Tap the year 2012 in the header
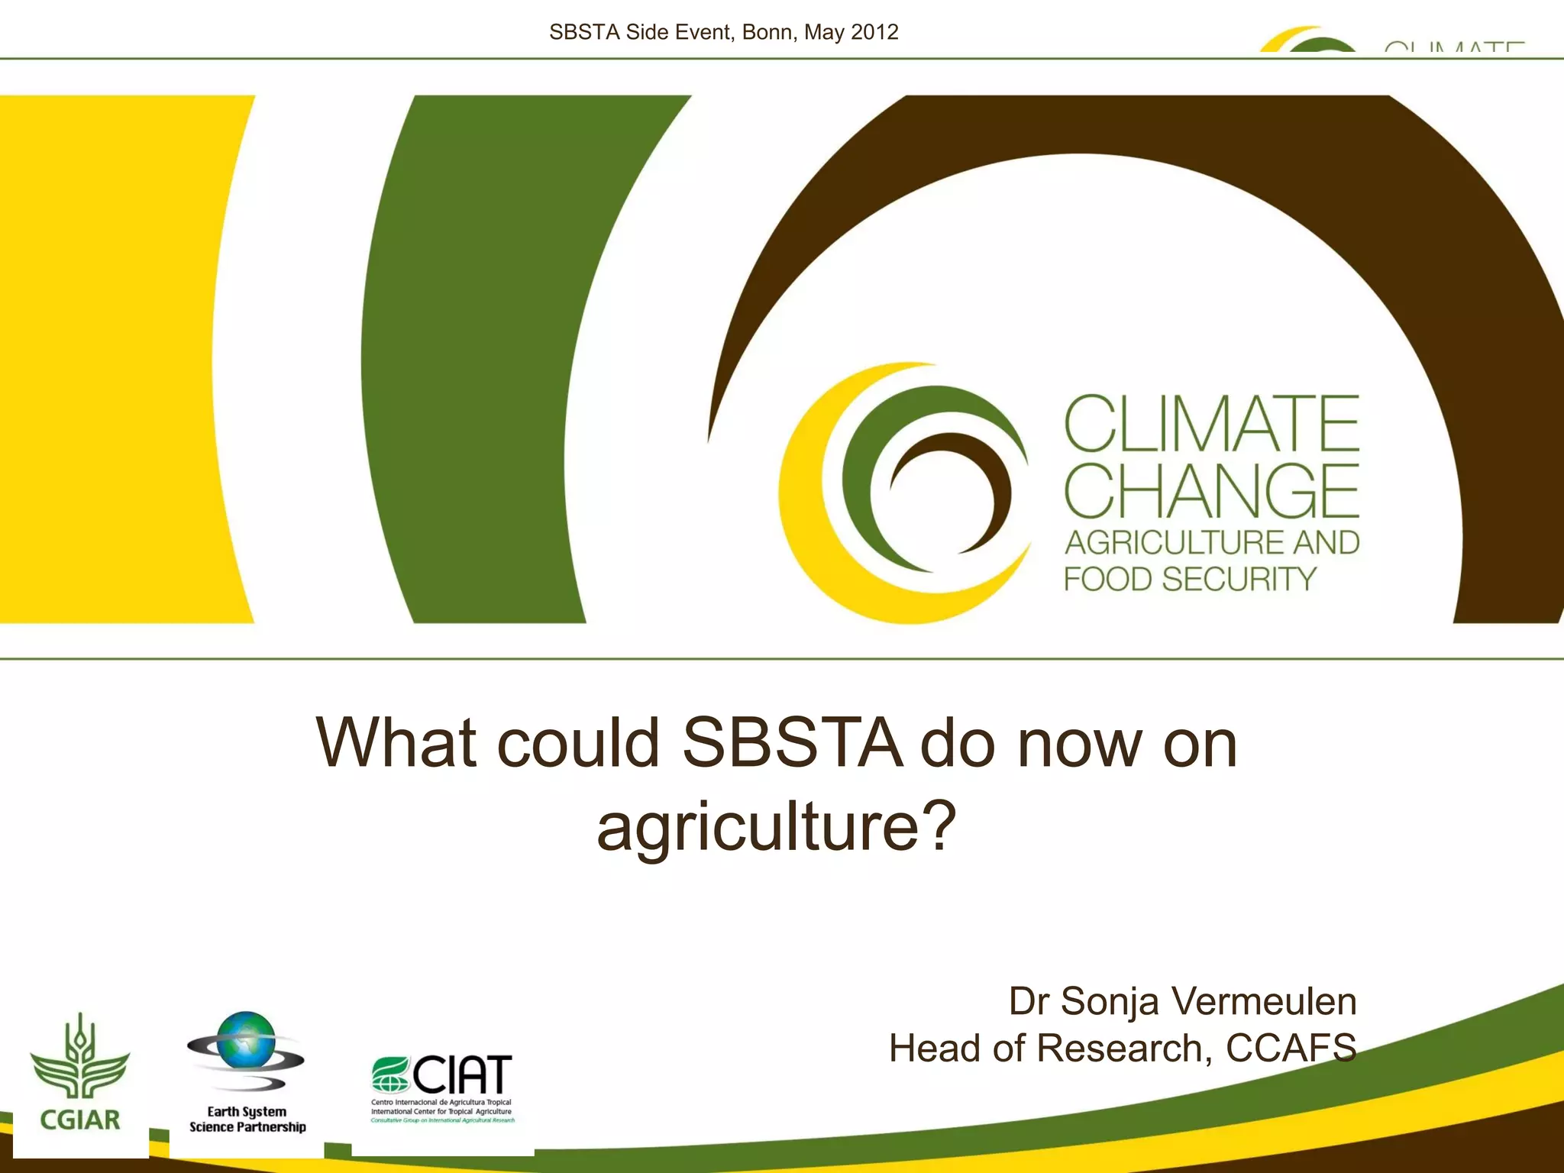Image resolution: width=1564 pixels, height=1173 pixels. (874, 32)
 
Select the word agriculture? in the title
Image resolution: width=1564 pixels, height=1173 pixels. (776, 826)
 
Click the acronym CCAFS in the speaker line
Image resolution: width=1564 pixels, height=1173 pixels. (1291, 1048)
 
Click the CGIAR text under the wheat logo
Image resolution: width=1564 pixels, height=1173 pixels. (80, 1120)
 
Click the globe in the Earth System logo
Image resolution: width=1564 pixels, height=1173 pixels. (246, 1040)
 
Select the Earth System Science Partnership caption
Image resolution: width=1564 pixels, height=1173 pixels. (247, 1120)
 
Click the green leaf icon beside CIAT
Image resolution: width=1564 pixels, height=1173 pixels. (390, 1074)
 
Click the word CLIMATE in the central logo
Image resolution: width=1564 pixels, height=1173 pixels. (1211, 425)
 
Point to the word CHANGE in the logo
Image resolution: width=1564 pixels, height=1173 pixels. (1211, 490)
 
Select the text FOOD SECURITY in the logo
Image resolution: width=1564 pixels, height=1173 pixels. (1190, 579)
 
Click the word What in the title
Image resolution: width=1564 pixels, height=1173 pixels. (396, 743)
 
